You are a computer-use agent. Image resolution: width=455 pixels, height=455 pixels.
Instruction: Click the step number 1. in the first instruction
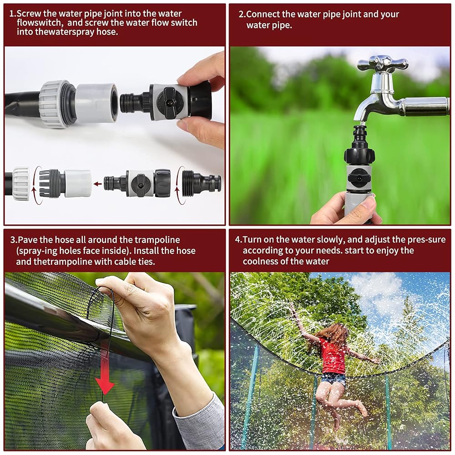13,13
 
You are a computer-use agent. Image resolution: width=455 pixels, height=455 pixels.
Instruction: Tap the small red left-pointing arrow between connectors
98,184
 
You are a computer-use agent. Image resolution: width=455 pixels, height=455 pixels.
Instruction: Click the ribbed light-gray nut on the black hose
56,105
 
